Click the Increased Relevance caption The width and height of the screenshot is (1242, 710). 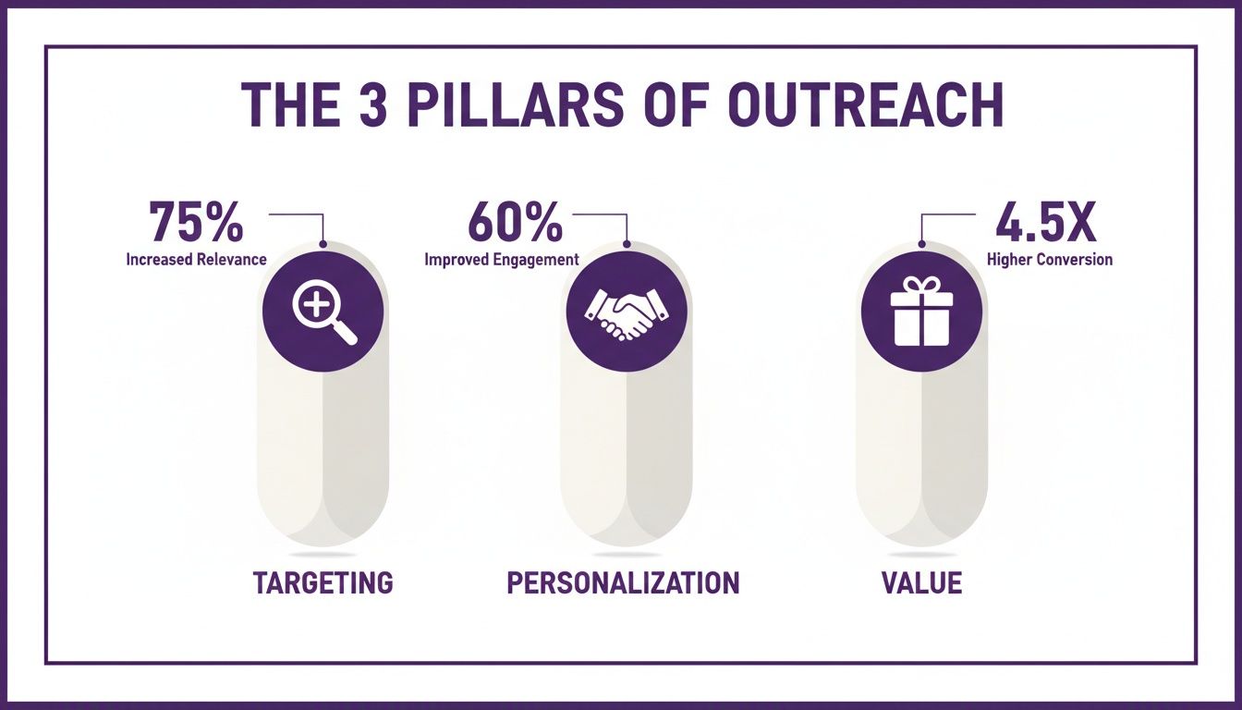pos(196,260)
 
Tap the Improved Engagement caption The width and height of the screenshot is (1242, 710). pos(502,260)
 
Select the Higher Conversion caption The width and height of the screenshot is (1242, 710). pos(1050,260)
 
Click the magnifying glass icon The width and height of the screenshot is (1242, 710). pos(323,311)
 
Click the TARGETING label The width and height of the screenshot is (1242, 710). pos(323,582)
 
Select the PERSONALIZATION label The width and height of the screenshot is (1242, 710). pos(623,582)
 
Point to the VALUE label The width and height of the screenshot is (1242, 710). pos(921,582)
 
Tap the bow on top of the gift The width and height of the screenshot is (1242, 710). pos(921,285)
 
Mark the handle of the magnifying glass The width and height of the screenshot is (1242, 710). pos(344,332)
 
